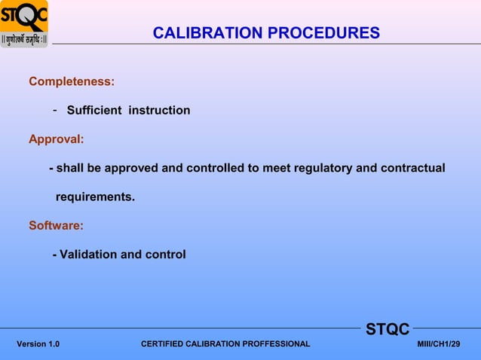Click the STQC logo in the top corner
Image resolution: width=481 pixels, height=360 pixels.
click(x=24, y=23)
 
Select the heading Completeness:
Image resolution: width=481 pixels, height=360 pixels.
click(x=72, y=81)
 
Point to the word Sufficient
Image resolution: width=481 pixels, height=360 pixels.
click(x=94, y=111)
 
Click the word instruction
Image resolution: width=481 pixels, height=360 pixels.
click(x=159, y=111)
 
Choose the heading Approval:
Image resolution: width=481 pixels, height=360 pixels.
click(x=56, y=139)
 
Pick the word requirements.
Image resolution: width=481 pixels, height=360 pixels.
click(x=95, y=197)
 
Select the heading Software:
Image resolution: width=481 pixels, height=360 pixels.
click(x=56, y=225)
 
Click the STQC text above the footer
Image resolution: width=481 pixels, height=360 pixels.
click(x=388, y=329)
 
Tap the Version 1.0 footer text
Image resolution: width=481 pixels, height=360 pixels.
click(x=38, y=344)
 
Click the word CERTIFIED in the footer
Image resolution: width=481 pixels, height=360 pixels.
click(x=164, y=344)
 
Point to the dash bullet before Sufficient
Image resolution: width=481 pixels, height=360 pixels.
click(x=55, y=111)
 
